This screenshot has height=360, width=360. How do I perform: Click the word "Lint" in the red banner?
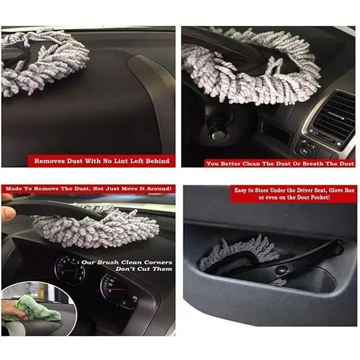(121, 161)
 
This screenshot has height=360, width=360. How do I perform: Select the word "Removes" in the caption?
(49, 161)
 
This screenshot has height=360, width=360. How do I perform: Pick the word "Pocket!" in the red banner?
(321, 197)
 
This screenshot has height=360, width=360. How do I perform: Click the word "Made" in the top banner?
(13, 189)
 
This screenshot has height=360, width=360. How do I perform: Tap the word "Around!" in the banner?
(159, 189)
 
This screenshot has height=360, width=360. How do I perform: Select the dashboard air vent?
(333, 116)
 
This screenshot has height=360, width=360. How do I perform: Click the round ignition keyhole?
(217, 135)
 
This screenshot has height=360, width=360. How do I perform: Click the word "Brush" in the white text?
(108, 262)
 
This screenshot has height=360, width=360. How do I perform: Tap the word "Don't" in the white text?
(125, 269)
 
